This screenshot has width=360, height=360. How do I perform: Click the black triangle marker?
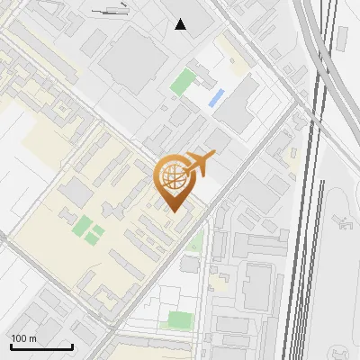[181, 24]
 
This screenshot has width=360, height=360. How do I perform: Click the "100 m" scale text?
[24, 337]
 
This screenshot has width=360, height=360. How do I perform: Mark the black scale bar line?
[41, 346]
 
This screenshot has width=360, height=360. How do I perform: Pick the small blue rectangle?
[216, 98]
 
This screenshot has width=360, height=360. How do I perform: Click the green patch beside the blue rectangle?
[184, 83]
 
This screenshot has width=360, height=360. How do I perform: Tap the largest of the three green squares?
[82, 225]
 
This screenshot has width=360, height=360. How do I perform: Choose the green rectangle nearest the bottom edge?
[180, 319]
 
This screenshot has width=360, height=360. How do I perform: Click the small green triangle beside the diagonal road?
[195, 244]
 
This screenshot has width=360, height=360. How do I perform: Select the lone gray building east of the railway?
[342, 38]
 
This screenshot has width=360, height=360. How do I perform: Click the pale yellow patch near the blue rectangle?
[237, 67]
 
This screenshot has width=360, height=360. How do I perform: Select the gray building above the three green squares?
[77, 192]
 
